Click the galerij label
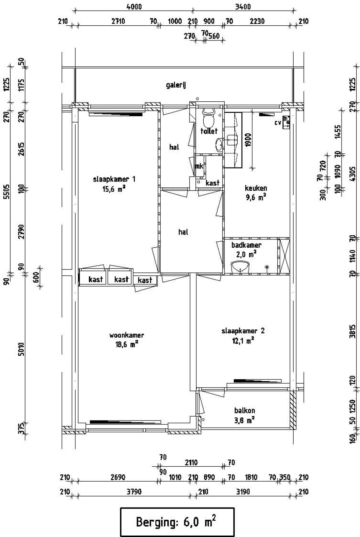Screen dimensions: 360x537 [176, 85]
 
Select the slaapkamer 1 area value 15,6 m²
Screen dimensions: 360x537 [114, 189]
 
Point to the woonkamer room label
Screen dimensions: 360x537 [127, 335]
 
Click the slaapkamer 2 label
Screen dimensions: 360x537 [243, 331]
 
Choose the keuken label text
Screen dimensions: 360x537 [256, 188]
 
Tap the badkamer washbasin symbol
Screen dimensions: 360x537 [240, 267]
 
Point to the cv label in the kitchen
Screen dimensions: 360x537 [278, 123]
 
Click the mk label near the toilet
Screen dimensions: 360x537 [199, 166]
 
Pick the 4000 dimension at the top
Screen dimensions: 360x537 [134, 6]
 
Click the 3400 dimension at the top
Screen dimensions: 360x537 [243, 6]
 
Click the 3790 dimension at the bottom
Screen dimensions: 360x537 [134, 492]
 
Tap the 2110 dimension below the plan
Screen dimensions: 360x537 [191, 462]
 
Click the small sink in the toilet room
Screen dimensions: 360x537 [219, 144]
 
